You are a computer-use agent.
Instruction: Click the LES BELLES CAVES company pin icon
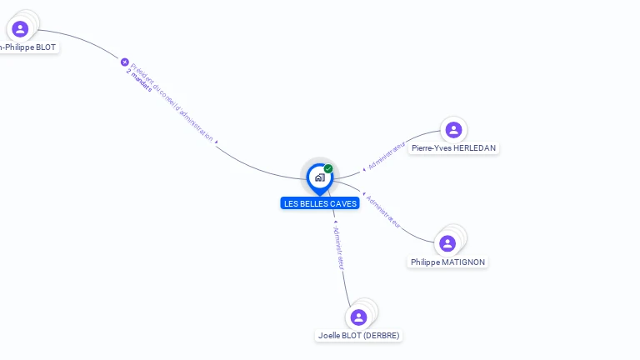click(x=319, y=177)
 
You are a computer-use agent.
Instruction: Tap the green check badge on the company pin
click(x=328, y=168)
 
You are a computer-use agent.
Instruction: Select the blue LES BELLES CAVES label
click(x=320, y=203)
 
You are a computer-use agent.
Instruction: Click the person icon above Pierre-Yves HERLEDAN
click(x=453, y=129)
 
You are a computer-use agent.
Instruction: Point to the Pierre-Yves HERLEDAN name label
click(x=453, y=147)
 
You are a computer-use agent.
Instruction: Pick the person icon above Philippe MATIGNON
click(x=447, y=243)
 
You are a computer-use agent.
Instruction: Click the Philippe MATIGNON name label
click(x=447, y=262)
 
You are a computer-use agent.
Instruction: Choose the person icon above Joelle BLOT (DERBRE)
click(x=359, y=317)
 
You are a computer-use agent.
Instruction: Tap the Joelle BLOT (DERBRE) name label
click(x=359, y=335)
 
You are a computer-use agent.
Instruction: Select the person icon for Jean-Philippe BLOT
click(x=20, y=29)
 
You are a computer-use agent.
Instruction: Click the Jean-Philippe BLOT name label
click(x=28, y=47)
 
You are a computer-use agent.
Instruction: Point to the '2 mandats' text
click(x=139, y=80)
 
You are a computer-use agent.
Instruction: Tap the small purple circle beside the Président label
click(x=125, y=62)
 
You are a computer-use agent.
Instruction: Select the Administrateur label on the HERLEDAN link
click(x=387, y=156)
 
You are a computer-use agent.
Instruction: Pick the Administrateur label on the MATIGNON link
click(x=383, y=212)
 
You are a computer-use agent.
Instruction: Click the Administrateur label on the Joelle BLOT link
click(x=338, y=247)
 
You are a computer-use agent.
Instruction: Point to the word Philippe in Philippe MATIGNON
click(x=425, y=262)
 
